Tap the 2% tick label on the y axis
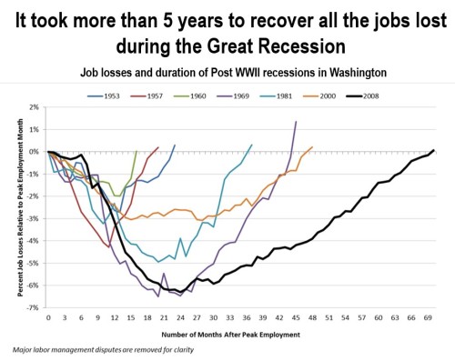coord(36,107)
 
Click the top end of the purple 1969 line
coord(296,122)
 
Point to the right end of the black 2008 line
coord(434,150)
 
